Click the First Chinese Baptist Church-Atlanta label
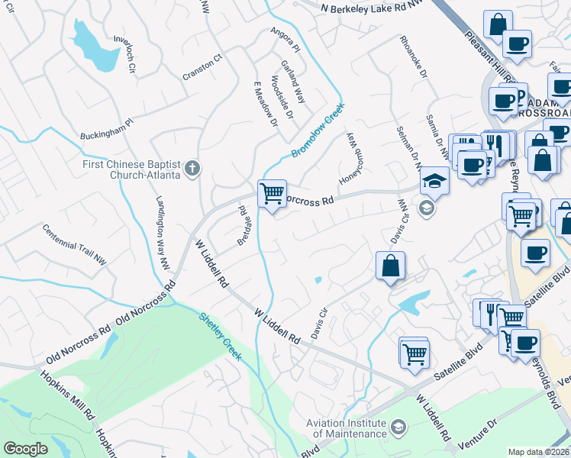point(131,169)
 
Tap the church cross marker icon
point(193,168)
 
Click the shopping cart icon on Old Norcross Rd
point(272,194)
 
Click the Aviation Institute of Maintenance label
point(346,428)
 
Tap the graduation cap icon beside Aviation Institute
point(398,426)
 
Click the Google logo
point(25,449)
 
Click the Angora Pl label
point(286,40)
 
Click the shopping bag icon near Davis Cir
point(389,266)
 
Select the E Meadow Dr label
point(262,110)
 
